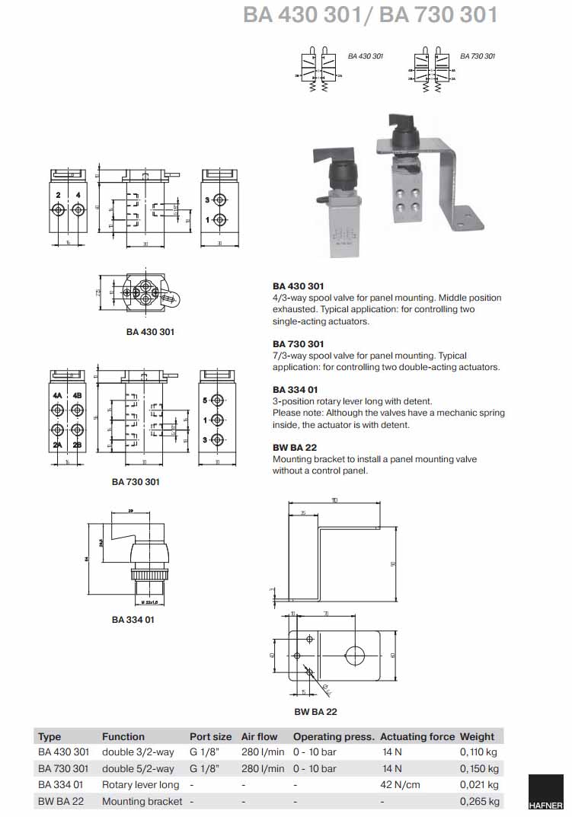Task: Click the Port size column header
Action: click(210, 736)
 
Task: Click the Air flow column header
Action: click(259, 736)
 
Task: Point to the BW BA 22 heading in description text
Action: click(294, 448)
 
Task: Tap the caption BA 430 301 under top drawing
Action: click(150, 332)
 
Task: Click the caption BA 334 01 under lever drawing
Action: click(133, 620)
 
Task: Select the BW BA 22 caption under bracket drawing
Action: click(315, 712)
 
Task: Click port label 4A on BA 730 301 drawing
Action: click(58, 397)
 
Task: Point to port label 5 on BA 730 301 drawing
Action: click(206, 400)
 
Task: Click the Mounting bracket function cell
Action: click(142, 801)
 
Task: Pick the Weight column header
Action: click(477, 736)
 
